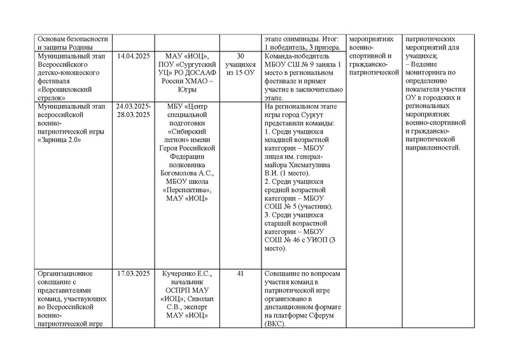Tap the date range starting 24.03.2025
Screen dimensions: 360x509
click(133, 106)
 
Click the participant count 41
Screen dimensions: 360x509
click(241, 273)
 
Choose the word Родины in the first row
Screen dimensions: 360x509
click(80, 48)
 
